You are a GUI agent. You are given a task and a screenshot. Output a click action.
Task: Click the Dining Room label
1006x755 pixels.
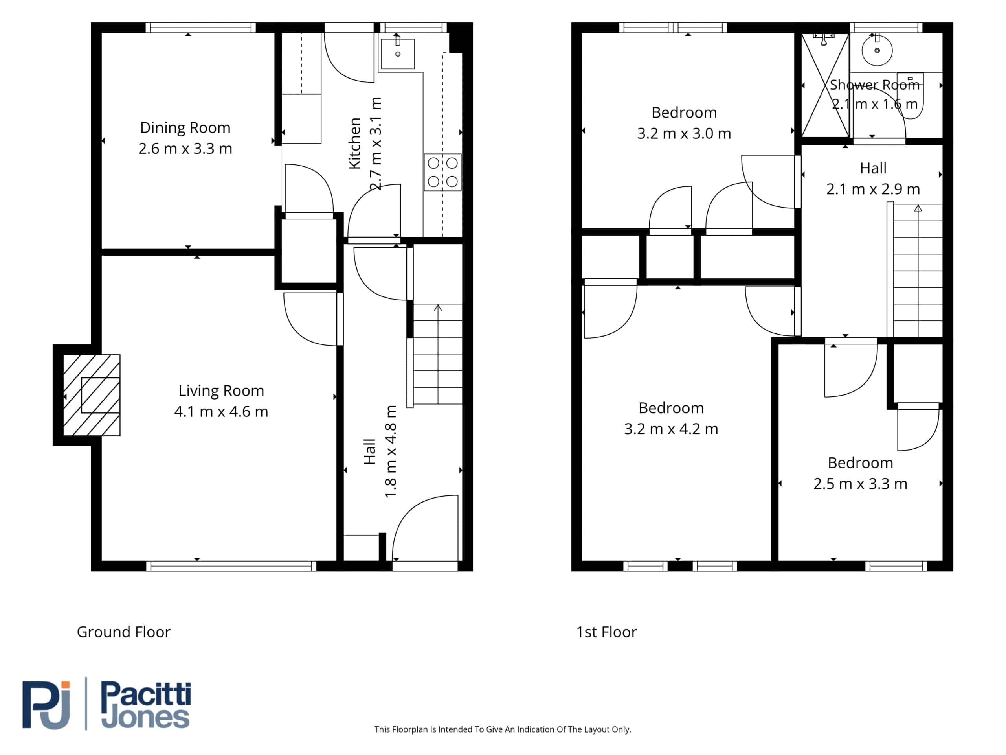point(185,128)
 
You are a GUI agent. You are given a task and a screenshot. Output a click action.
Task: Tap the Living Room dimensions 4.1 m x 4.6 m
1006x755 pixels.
point(221,411)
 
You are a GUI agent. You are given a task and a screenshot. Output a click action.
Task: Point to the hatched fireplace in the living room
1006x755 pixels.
point(92,395)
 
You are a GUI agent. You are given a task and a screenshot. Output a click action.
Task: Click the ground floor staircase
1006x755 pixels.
point(437,354)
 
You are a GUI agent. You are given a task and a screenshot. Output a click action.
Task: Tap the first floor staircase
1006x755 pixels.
point(918,271)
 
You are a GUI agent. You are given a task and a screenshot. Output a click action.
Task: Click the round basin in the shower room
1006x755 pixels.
point(877,50)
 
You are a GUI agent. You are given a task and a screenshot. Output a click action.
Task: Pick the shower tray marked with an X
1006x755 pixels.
point(825,85)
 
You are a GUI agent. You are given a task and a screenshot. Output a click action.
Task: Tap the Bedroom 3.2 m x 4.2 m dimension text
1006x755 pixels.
point(671,429)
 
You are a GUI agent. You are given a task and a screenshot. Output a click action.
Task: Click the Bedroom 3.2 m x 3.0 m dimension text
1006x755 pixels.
point(684,133)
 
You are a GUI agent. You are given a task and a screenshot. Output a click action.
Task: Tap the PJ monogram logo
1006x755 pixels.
point(46,705)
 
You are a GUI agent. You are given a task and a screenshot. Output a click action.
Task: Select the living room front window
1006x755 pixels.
point(231,566)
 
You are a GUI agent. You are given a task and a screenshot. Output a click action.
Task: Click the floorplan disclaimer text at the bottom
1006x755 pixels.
point(503,729)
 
